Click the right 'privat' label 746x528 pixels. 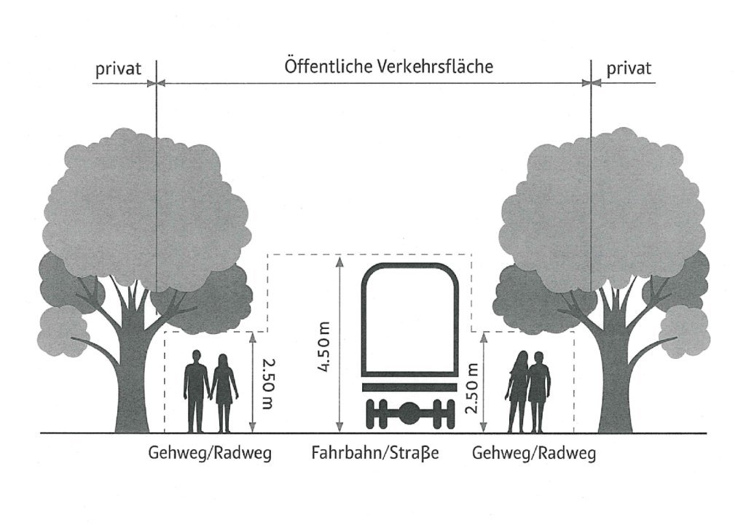629,69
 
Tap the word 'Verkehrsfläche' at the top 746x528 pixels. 436,67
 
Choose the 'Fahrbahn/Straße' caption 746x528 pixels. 375,454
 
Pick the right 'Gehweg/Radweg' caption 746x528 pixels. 534,454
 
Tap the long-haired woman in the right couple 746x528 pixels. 520,390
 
